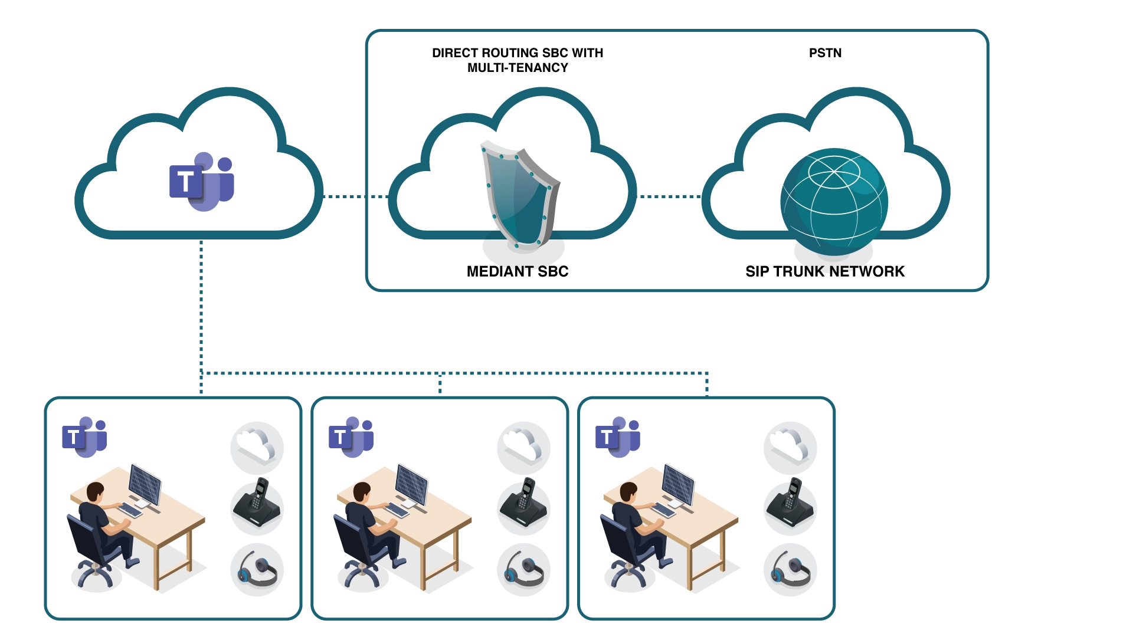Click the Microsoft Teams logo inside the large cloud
tap(202, 181)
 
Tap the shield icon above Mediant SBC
tap(519, 195)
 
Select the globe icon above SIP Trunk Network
tap(834, 201)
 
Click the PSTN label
tap(825, 53)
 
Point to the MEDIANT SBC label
tap(518, 271)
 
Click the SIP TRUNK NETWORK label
tap(824, 271)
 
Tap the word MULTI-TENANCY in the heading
tap(518, 68)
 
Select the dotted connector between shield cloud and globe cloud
tap(670, 196)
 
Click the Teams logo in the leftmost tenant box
tap(84, 437)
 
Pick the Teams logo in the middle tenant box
tap(351, 437)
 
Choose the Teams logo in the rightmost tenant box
tap(618, 437)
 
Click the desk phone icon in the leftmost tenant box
tap(257, 504)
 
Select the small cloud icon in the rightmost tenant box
tap(790, 446)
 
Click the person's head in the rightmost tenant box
tap(628, 491)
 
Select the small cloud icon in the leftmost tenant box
tap(257, 446)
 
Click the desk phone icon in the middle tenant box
tap(523, 504)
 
